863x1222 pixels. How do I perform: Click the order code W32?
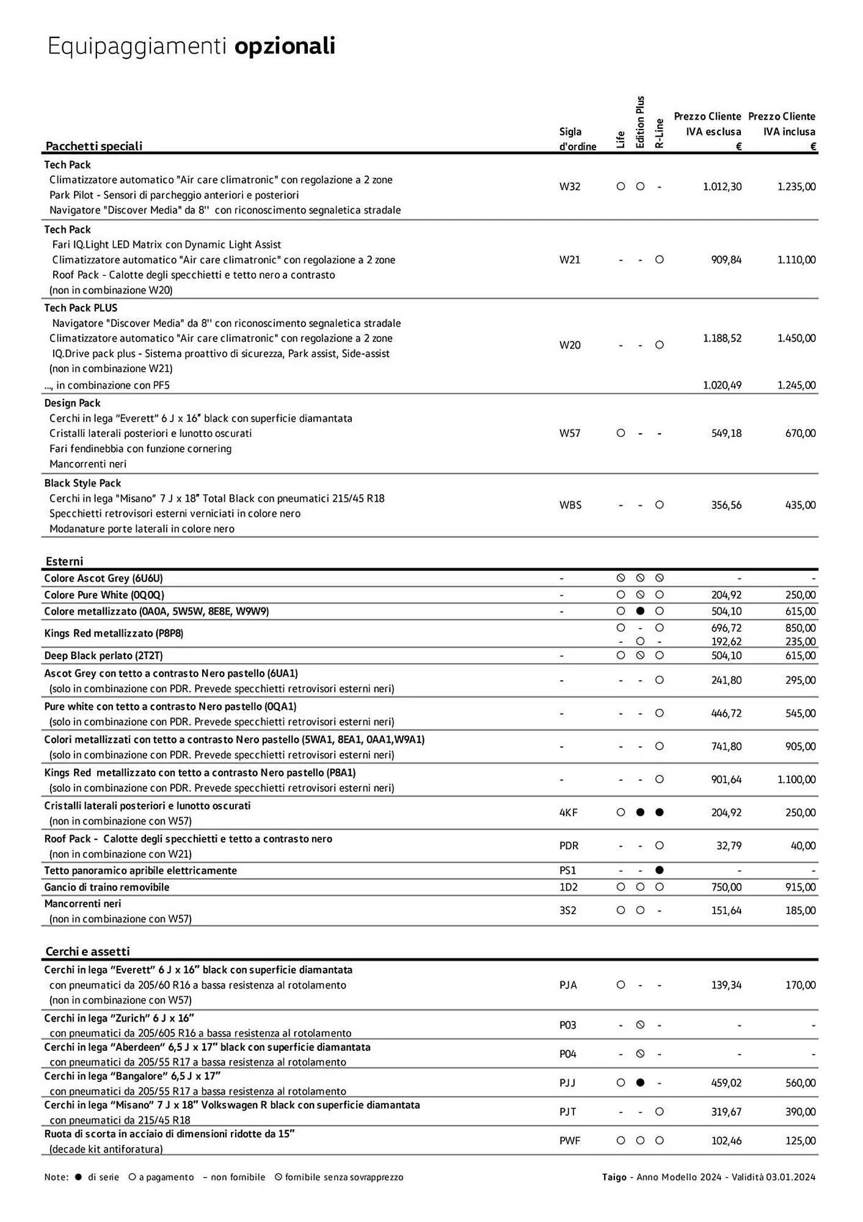coord(569,186)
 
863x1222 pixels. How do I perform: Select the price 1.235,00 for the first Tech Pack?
coord(796,186)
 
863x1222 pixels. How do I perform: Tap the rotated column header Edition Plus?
coord(640,122)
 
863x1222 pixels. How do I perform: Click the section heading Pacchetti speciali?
coord(93,145)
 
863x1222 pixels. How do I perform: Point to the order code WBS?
coord(570,505)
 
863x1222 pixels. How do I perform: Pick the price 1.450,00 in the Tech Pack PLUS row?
coord(796,338)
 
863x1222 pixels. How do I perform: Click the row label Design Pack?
coord(72,403)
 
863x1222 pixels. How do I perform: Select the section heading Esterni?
coord(64,561)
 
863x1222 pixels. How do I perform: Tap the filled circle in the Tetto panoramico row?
coord(659,870)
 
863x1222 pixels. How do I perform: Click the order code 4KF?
coord(568,813)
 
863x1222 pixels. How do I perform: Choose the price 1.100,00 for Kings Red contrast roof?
coord(796,780)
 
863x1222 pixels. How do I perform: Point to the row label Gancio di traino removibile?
coord(106,887)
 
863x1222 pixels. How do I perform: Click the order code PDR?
coord(569,846)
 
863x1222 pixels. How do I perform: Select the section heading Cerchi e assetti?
coord(87,951)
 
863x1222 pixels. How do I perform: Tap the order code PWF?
coord(569,1141)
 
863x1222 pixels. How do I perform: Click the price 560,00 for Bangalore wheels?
coord(800,1083)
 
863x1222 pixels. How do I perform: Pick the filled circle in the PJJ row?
coord(640,1083)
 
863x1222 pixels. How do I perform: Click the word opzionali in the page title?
coord(285,46)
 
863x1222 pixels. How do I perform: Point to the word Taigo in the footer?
coord(614,1177)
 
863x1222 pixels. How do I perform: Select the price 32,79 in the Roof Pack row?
coord(729,846)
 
